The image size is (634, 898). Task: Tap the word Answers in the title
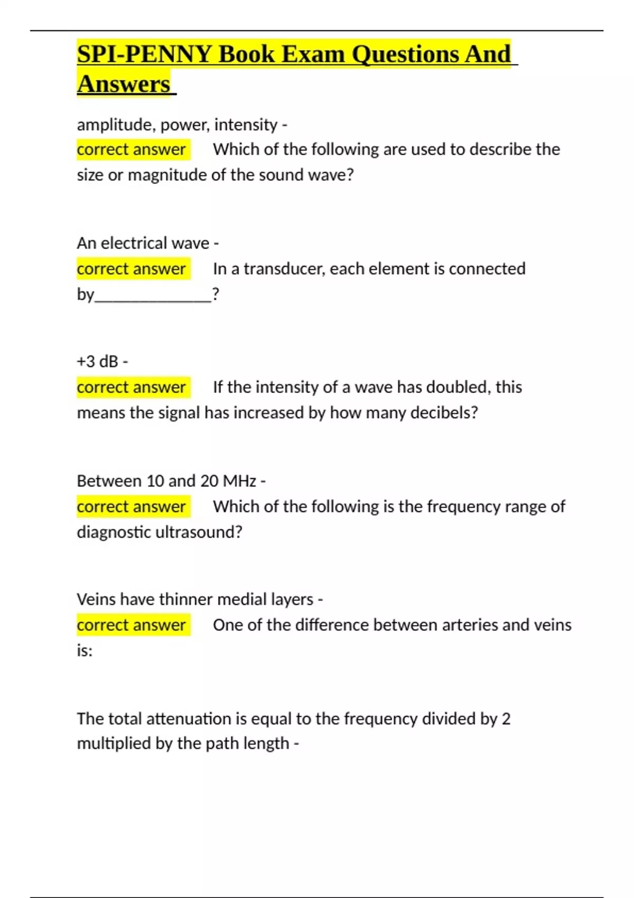(x=124, y=85)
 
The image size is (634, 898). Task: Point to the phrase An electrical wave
(x=143, y=243)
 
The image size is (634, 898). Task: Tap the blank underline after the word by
(x=153, y=295)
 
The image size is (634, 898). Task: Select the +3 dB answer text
(x=97, y=362)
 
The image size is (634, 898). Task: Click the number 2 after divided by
(x=506, y=719)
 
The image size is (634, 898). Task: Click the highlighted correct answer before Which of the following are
(x=132, y=149)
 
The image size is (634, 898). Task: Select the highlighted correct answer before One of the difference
(x=132, y=625)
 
